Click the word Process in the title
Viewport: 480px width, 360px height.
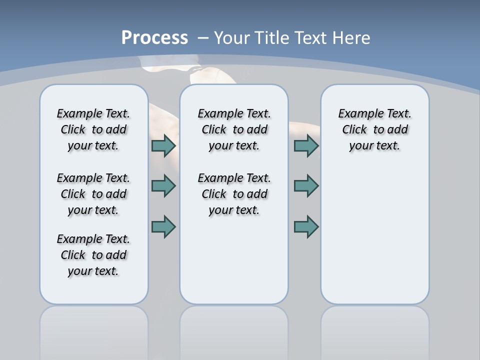(154, 38)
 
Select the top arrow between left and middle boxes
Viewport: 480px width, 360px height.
(163, 146)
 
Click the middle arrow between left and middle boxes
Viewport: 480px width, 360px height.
(163, 186)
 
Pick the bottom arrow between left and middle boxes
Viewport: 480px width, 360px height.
(163, 226)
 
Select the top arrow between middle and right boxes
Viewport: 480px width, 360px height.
(306, 146)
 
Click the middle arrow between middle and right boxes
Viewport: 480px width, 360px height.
(306, 186)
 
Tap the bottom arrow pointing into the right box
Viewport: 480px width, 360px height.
(306, 226)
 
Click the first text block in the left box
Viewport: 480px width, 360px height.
(93, 129)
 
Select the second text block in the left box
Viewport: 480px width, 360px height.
(93, 194)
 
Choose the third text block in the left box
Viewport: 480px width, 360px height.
(93, 255)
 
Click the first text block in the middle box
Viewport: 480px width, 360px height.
(234, 129)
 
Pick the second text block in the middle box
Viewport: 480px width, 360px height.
(234, 194)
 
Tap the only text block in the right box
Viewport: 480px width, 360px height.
(374, 129)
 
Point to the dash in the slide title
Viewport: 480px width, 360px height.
(203, 38)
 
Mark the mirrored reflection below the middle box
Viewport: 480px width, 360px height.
(234, 330)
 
